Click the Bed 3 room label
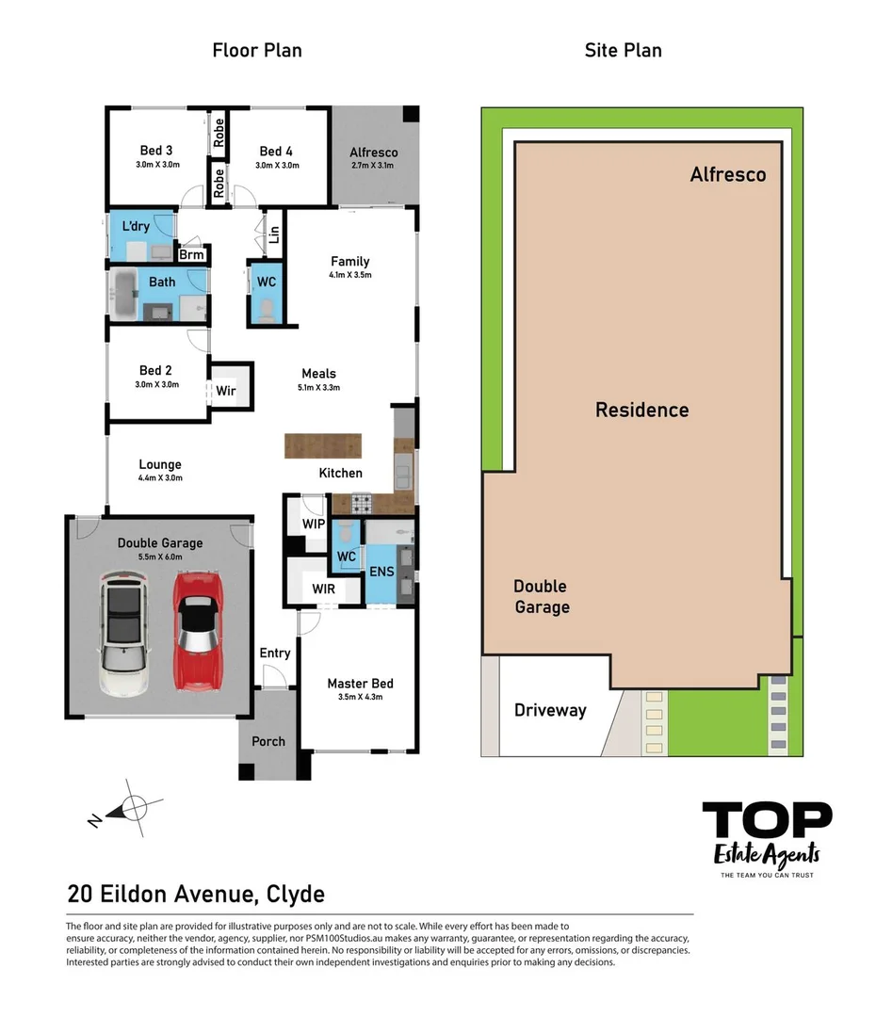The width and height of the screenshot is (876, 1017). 156,151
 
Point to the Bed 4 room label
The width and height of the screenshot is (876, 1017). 276,151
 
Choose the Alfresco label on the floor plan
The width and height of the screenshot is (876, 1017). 373,152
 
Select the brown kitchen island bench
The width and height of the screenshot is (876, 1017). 323,445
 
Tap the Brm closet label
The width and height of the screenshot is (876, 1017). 192,254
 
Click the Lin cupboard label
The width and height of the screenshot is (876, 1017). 274,234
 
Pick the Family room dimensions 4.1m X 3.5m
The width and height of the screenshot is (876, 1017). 349,276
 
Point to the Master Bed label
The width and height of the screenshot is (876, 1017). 360,684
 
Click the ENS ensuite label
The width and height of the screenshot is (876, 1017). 381,572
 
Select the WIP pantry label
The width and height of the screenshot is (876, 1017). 313,524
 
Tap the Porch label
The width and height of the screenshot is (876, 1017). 268,741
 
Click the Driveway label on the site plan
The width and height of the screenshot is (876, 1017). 550,710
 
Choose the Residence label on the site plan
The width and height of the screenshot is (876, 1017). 641,410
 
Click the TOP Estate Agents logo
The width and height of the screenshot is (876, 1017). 767,837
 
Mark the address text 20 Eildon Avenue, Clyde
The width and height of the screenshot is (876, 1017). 196,893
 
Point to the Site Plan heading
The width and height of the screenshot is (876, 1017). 623,50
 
